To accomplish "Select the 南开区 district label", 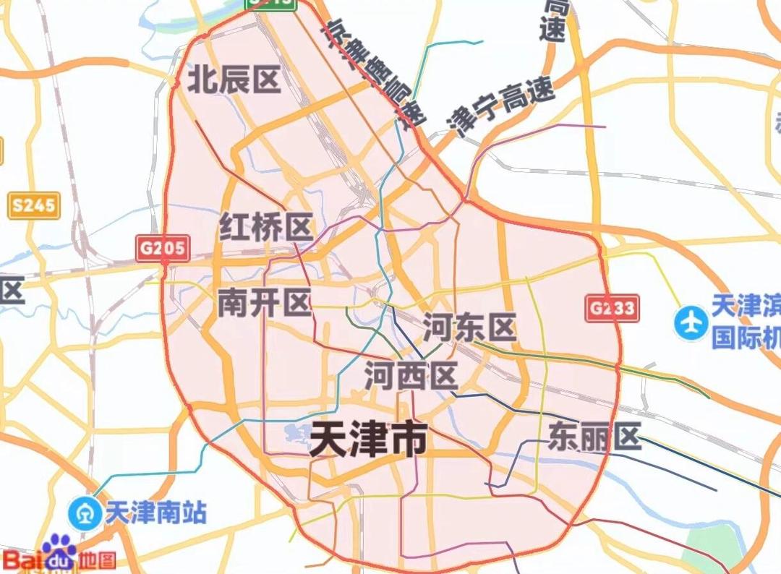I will click(x=264, y=304).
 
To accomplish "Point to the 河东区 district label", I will click(x=469, y=327).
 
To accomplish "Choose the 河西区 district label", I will click(x=411, y=376).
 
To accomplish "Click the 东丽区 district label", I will click(x=594, y=437).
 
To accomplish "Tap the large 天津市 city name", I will click(x=368, y=439).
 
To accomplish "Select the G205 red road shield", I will click(x=163, y=249).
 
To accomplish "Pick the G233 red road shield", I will click(x=611, y=309).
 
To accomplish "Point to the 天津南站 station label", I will click(x=155, y=513).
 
